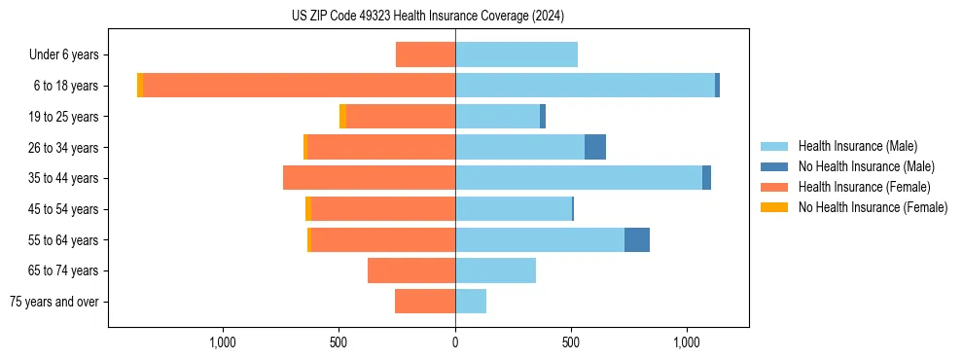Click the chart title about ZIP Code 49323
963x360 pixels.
click(x=427, y=16)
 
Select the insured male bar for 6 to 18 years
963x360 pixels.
click(x=585, y=86)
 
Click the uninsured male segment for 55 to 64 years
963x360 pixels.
click(x=637, y=239)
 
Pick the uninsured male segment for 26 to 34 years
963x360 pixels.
click(x=595, y=147)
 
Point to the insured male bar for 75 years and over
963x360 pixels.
click(x=471, y=302)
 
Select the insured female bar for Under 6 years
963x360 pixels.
click(x=425, y=54)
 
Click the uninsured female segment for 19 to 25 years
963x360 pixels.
click(x=342, y=117)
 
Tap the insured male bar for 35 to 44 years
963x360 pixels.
click(x=579, y=178)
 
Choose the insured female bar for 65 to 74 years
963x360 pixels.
click(x=411, y=270)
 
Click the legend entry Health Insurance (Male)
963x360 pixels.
click(x=857, y=146)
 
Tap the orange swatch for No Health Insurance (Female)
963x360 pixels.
click(x=774, y=207)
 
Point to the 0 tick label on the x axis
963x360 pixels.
click(x=455, y=342)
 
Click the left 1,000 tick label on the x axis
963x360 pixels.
click(x=223, y=342)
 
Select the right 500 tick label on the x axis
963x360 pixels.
click(x=571, y=342)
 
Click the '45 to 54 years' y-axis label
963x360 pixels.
click(x=64, y=209)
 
